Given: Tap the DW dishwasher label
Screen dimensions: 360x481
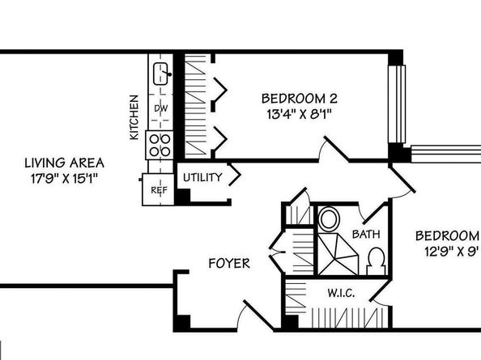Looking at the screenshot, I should (x=161, y=108).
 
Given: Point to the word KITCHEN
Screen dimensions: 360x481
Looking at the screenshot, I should (x=134, y=117).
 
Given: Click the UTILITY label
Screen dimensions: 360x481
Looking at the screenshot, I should (x=202, y=177).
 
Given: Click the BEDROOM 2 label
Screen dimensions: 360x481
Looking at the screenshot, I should (x=294, y=98).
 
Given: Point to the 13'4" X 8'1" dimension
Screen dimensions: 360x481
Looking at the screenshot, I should (x=294, y=114).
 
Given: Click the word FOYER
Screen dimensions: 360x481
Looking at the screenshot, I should (x=229, y=263).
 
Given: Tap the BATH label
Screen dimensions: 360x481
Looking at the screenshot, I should (x=365, y=235).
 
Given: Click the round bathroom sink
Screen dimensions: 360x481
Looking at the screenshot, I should (x=329, y=219).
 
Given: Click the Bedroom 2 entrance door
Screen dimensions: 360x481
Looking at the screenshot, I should (x=336, y=150).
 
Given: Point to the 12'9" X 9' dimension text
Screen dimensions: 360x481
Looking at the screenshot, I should (x=448, y=251).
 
